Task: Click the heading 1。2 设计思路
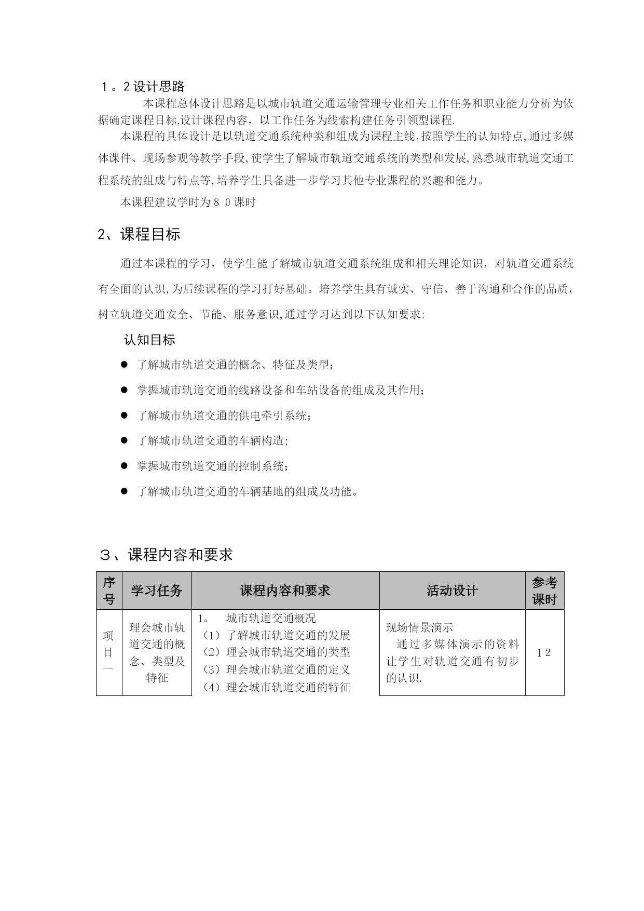tap(143, 86)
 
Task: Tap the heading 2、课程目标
tap(139, 234)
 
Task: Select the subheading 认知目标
tap(149, 340)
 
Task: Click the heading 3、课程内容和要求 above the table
tap(166, 555)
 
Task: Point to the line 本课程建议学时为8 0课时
tap(188, 202)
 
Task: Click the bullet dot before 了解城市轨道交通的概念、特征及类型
tap(124, 365)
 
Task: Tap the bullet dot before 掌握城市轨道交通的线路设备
tap(124, 390)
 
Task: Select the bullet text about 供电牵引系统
tap(225, 416)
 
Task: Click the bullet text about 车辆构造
tap(213, 440)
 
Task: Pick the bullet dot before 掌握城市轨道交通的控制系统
tap(124, 466)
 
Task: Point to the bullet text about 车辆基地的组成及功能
tap(248, 491)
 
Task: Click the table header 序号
tap(109, 591)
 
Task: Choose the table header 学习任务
tap(157, 591)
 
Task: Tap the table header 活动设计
tap(452, 591)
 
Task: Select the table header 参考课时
tap(544, 591)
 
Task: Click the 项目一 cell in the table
tap(108, 652)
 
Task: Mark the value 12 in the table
tap(544, 653)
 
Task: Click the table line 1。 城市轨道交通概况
tap(257, 618)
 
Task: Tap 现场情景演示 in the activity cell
tap(419, 627)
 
